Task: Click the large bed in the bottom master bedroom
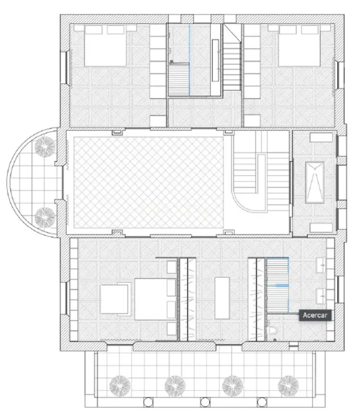pyautogui.click(x=151, y=299)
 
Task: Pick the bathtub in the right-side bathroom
pyautogui.click(x=315, y=182)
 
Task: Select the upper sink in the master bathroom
pyautogui.click(x=322, y=267)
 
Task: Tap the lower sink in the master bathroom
pyautogui.click(x=322, y=295)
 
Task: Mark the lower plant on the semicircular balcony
pyautogui.click(x=45, y=217)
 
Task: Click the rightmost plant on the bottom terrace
pyautogui.click(x=288, y=384)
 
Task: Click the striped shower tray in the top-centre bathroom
pyautogui.click(x=179, y=79)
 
